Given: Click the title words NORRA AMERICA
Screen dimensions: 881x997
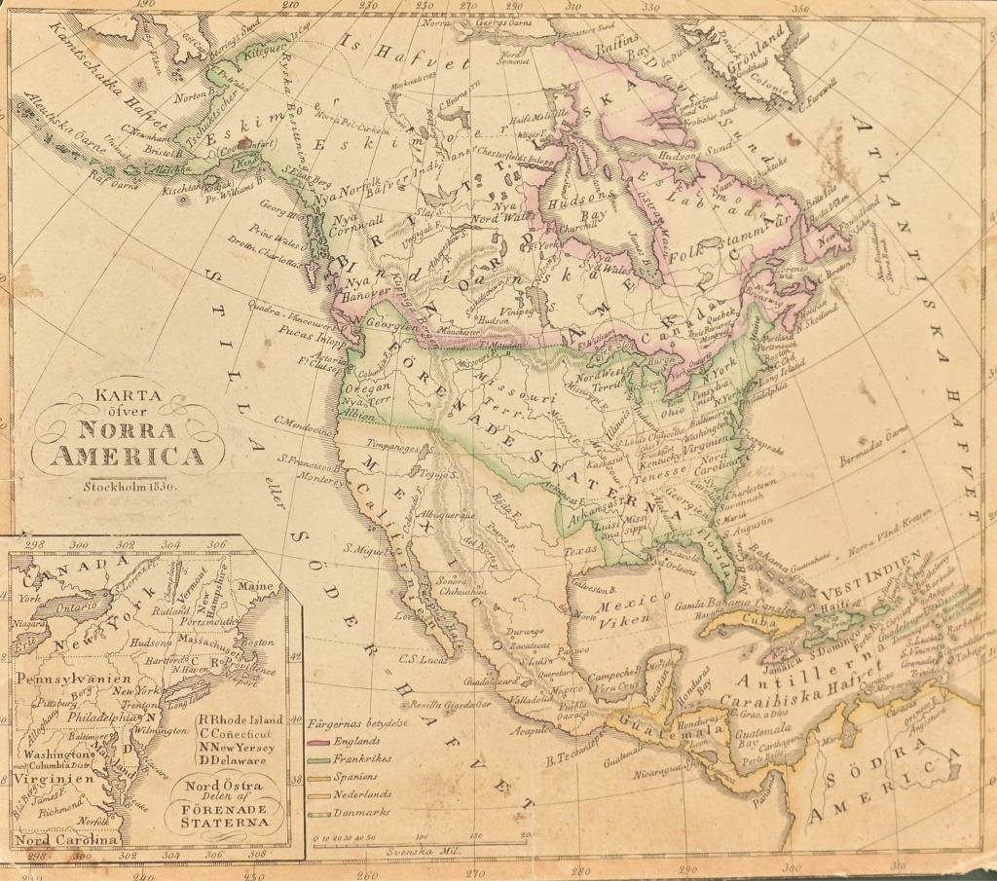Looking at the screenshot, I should coord(128,443).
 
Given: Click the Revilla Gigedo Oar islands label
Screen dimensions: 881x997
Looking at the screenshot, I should coord(468,703).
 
